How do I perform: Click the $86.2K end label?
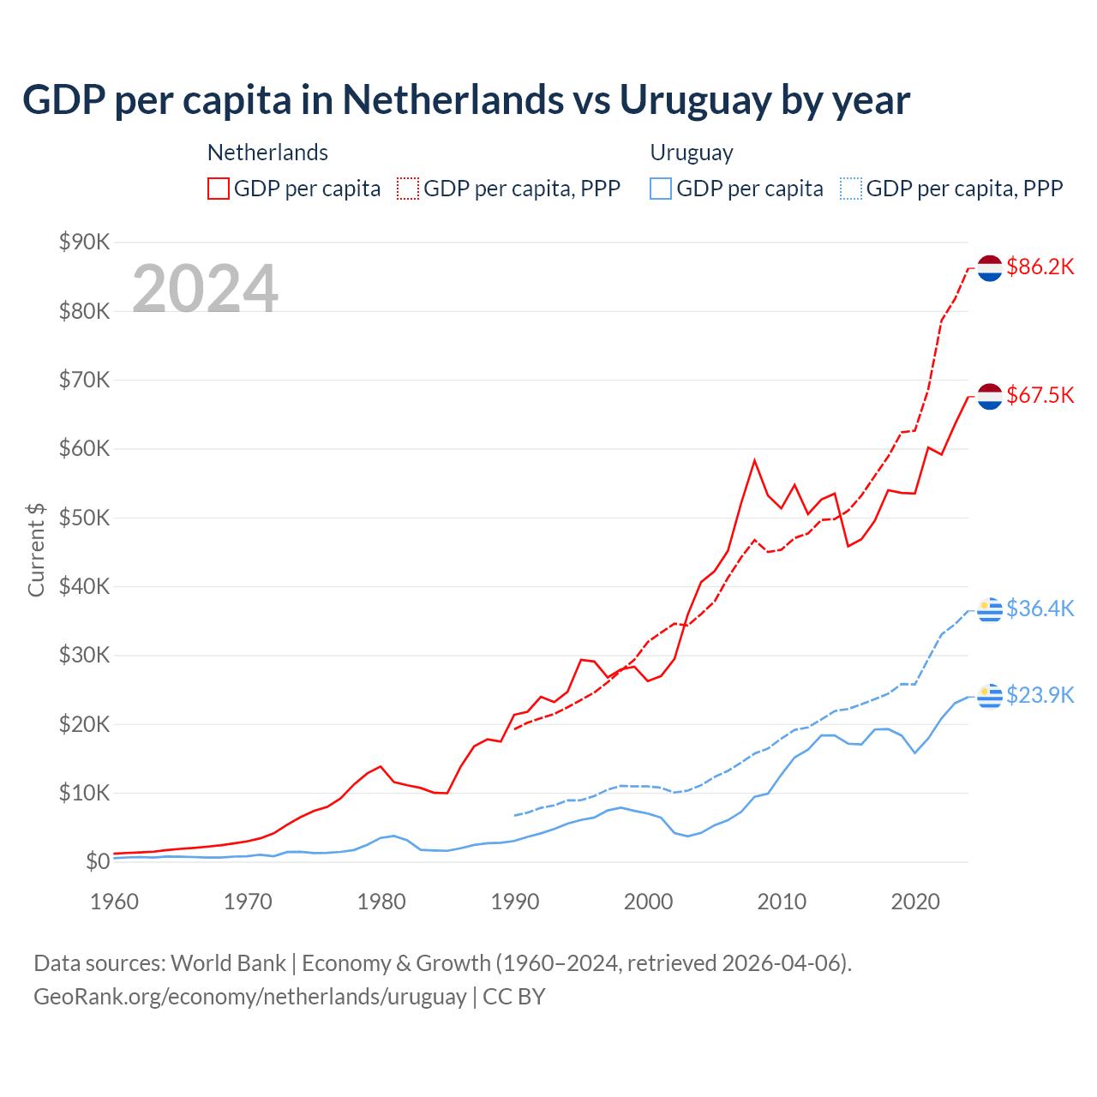pyautogui.click(x=1040, y=267)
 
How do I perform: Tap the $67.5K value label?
pyautogui.click(x=1040, y=395)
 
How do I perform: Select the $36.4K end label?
pyautogui.click(x=1040, y=608)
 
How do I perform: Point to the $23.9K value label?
pyautogui.click(x=1040, y=695)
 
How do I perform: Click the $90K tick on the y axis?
pyautogui.click(x=84, y=242)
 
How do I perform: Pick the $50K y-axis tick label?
pyautogui.click(x=84, y=518)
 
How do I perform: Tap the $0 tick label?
pyautogui.click(x=98, y=861)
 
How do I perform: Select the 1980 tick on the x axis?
pyautogui.click(x=381, y=902)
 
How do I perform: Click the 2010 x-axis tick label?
pyautogui.click(x=782, y=902)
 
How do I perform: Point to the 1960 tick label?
pyautogui.click(x=115, y=902)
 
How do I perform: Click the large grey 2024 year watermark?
pyautogui.click(x=206, y=289)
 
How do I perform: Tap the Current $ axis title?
pyautogui.click(x=36, y=549)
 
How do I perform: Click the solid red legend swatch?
pyautogui.click(x=219, y=189)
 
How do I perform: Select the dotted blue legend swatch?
pyautogui.click(x=851, y=189)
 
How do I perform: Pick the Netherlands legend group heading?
pyautogui.click(x=267, y=153)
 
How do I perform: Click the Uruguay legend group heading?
pyautogui.click(x=692, y=153)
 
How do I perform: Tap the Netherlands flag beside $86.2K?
pyautogui.click(x=990, y=267)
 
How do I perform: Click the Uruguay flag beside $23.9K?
pyautogui.click(x=990, y=696)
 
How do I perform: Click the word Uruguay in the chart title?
pyautogui.click(x=695, y=100)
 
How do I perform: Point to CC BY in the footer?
pyautogui.click(x=514, y=997)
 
